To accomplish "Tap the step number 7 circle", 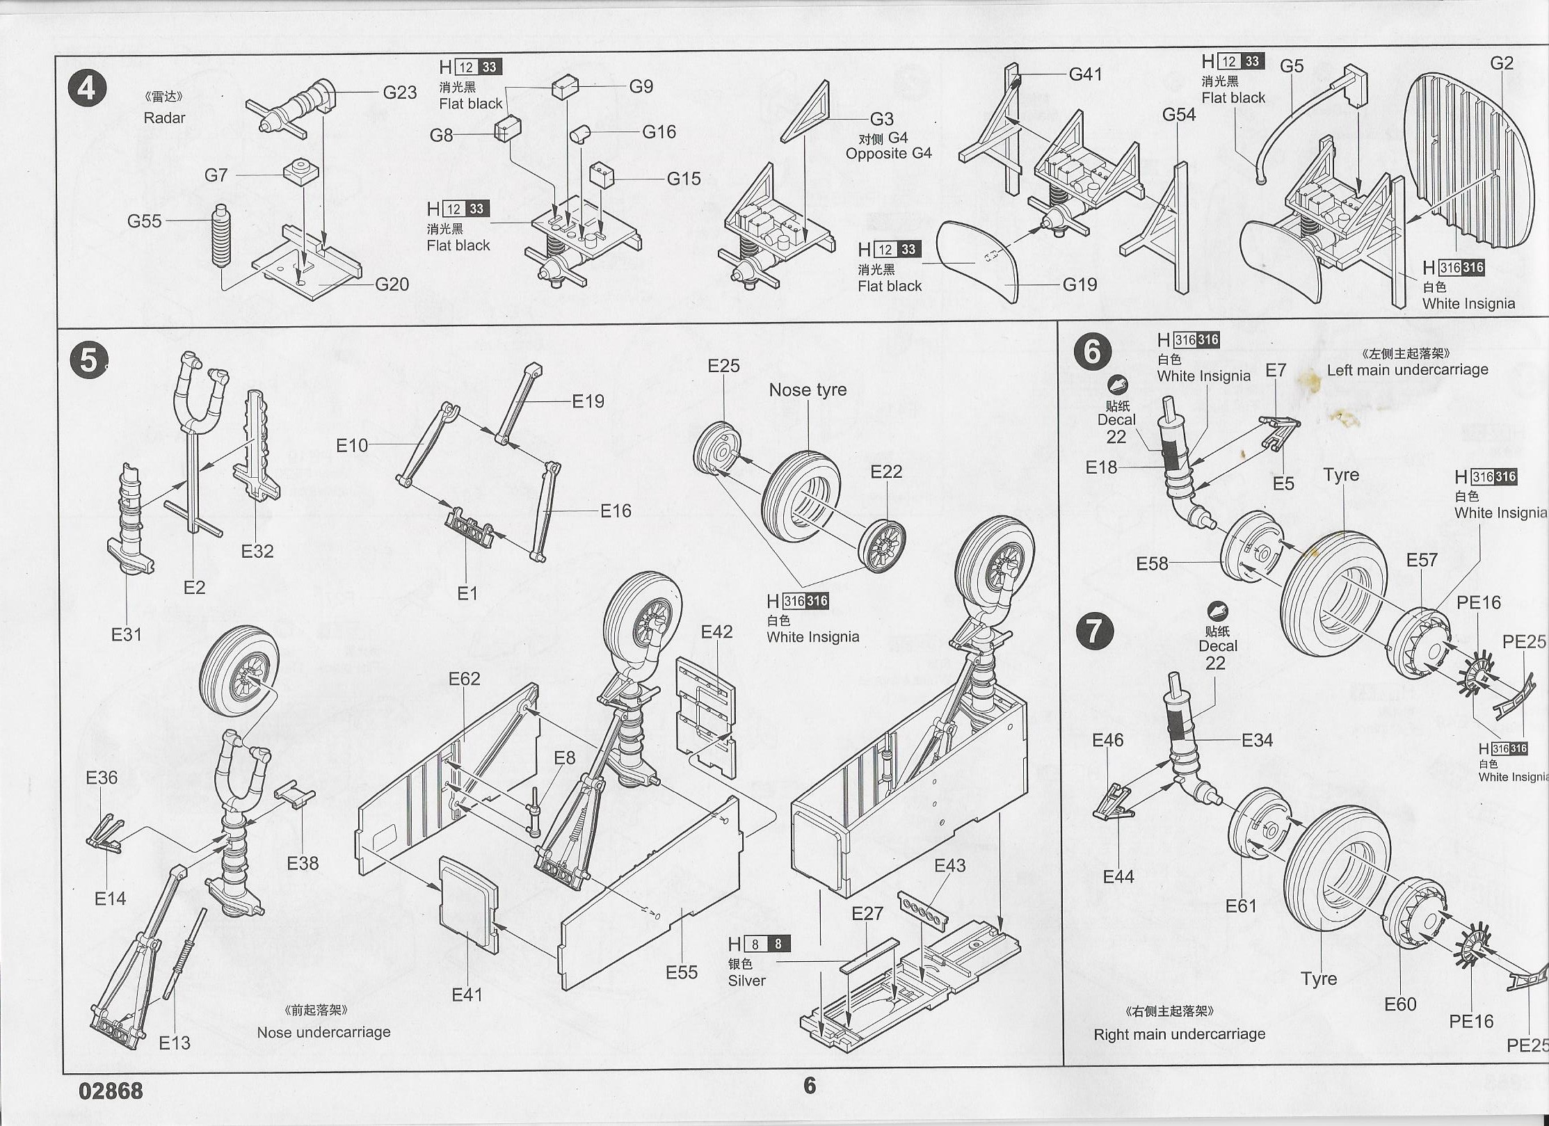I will [1094, 632].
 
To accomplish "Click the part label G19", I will [1080, 284].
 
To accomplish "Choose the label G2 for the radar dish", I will [1501, 63].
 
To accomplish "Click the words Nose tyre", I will [808, 390].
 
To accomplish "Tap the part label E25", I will [723, 366].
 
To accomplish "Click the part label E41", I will [467, 995].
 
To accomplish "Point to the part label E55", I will [681, 972].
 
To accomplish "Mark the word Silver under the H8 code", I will [746, 981].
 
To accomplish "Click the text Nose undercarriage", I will [323, 1032].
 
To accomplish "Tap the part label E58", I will [1152, 563].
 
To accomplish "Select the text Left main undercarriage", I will [1407, 370].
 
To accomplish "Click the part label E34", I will [1257, 740].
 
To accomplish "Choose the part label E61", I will [1241, 906].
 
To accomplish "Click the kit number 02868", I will [111, 1091].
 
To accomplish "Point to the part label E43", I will [949, 865].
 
